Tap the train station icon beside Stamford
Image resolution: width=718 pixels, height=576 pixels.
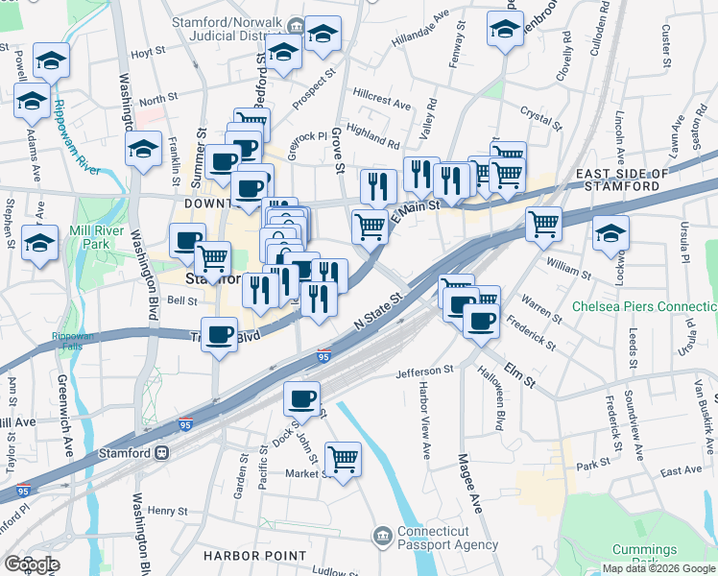(162, 453)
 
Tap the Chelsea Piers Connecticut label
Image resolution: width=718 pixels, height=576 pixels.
(643, 306)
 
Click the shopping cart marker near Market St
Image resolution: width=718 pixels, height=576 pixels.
(343, 458)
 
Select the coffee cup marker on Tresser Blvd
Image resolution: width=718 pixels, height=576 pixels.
(221, 334)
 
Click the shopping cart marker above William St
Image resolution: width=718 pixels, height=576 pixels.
(544, 225)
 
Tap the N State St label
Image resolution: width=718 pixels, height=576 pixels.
(375, 315)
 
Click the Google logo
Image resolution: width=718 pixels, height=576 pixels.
(33, 564)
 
